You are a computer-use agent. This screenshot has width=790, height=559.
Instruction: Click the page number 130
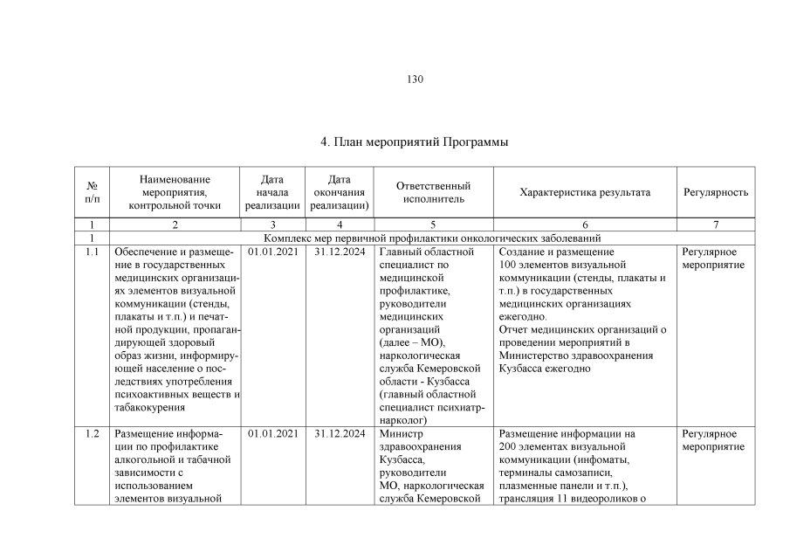point(415,79)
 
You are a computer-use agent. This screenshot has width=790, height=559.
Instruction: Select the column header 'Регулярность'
point(715,192)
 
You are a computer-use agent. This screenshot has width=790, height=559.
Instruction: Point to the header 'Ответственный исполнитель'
point(433,192)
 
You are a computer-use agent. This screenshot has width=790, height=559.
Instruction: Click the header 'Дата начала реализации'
point(272,192)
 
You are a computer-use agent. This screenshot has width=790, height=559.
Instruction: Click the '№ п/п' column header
point(92,192)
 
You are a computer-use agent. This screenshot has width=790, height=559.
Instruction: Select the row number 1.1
point(93,252)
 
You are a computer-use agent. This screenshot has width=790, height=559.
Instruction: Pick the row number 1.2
point(93,433)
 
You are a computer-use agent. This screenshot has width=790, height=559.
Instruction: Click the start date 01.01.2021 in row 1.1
point(272,252)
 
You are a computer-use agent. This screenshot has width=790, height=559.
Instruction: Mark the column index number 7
point(715,224)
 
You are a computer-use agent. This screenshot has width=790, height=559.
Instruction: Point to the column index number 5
point(433,224)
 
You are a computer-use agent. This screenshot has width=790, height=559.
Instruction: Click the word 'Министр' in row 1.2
point(401,433)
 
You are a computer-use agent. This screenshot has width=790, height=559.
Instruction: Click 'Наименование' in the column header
point(175,179)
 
